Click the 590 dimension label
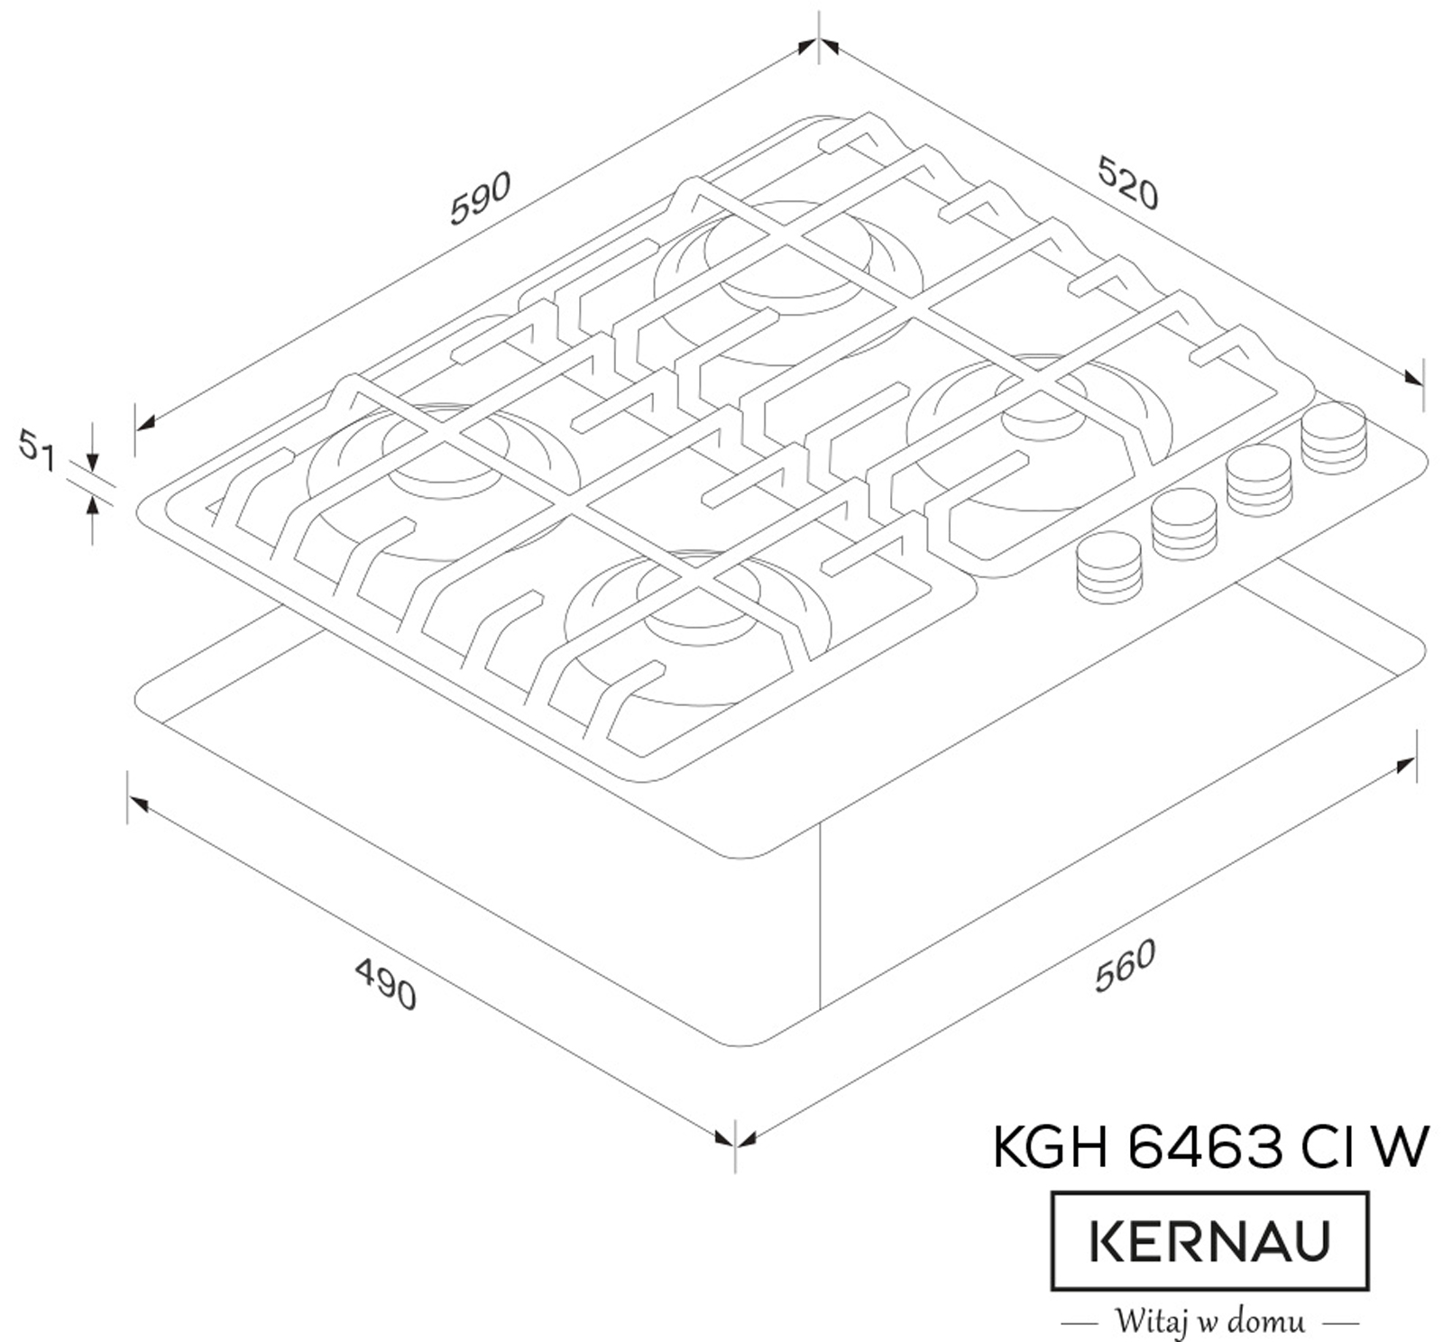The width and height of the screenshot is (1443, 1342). click(481, 198)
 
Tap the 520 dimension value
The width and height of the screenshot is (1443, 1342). click(1127, 183)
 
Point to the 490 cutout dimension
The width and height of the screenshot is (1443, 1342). click(386, 984)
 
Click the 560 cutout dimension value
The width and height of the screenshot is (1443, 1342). click(1125, 966)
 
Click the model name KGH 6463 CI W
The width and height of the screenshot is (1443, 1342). click(1210, 1147)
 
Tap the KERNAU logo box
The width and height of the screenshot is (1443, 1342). click(1209, 1241)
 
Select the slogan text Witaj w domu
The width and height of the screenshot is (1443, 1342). click(1209, 1321)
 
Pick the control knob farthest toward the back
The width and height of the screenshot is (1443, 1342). click(1334, 438)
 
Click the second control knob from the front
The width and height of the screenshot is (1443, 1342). click(1185, 524)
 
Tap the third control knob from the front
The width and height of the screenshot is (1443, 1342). click(1260, 481)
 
